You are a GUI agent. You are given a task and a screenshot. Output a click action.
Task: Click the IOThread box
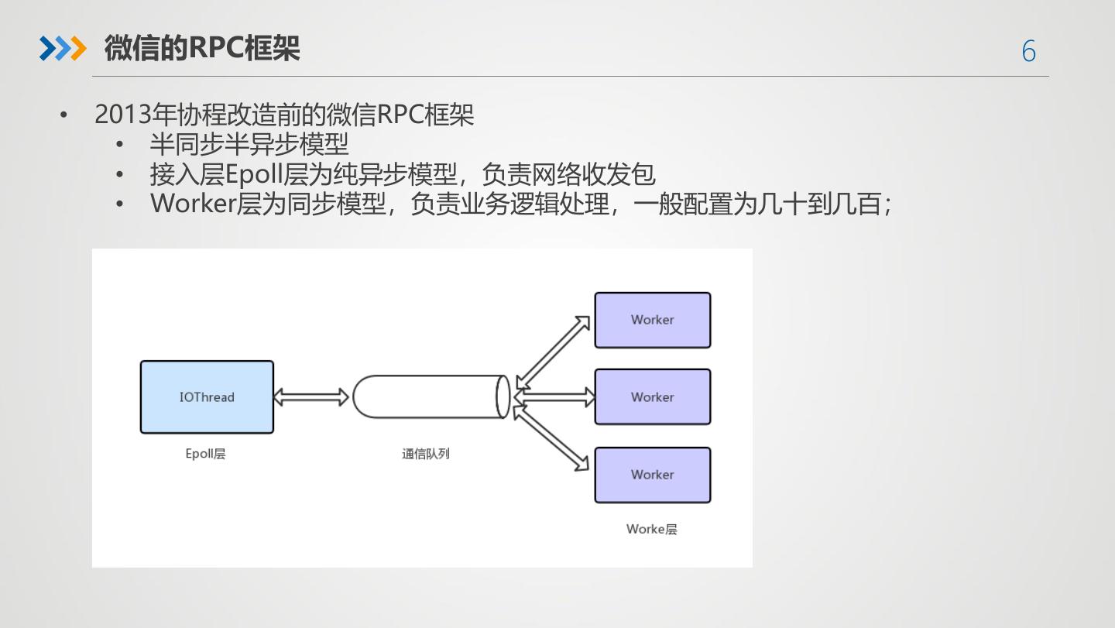click(207, 396)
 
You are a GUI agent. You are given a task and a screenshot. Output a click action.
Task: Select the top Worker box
click(652, 320)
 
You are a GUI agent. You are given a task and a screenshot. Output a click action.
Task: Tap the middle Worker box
click(652, 396)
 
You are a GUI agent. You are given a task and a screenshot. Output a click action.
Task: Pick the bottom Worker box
click(652, 475)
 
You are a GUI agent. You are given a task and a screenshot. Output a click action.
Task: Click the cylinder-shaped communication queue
click(430, 396)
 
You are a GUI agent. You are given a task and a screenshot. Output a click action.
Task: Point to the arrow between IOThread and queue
click(312, 397)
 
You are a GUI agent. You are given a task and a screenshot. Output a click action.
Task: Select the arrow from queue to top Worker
click(552, 352)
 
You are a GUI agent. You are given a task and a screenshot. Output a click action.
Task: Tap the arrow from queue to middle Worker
click(554, 397)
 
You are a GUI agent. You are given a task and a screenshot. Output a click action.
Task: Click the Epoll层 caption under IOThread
click(205, 454)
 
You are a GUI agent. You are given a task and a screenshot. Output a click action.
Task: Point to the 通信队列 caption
click(425, 454)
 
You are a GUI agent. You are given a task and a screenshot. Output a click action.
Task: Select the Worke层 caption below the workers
click(651, 529)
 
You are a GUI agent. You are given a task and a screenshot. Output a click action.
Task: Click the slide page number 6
click(1028, 51)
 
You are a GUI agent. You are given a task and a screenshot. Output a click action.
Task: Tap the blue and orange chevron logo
click(62, 49)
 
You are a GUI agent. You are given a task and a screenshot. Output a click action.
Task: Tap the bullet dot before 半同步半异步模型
click(119, 145)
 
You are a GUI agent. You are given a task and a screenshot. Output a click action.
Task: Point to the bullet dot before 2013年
click(64, 115)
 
